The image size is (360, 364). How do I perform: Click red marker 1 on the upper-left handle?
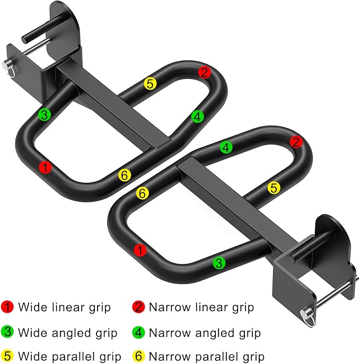(x=45, y=167)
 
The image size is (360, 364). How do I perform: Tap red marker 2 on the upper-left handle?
(x=204, y=73)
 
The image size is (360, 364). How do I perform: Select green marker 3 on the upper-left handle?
(x=45, y=114)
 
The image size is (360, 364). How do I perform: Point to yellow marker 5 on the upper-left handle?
(x=150, y=84)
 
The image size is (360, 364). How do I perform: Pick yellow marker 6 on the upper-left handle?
(x=125, y=175)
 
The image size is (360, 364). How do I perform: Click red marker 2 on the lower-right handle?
(x=296, y=142)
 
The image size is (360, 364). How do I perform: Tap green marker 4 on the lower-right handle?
(x=226, y=147)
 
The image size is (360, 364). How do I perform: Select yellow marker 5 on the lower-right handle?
(x=274, y=188)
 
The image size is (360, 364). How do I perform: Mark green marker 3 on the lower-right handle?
(x=219, y=263)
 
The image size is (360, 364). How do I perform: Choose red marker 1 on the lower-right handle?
(x=140, y=250)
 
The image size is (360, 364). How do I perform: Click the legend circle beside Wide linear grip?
(x=7, y=307)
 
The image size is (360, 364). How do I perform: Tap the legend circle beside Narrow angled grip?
(x=139, y=332)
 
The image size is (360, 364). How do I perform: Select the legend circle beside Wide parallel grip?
(x=7, y=356)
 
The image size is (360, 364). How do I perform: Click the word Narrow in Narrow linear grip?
(x=170, y=307)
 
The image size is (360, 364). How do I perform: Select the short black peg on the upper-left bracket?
(x=41, y=29)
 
